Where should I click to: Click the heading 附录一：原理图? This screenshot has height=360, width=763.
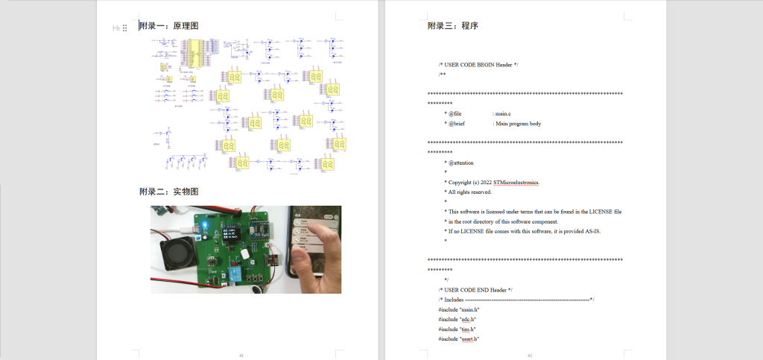[168, 26]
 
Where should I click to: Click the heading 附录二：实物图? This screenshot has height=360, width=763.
[168, 192]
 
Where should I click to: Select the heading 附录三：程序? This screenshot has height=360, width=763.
[452, 26]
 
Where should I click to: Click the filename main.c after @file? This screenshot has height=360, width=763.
[504, 113]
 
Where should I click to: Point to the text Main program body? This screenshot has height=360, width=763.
[518, 124]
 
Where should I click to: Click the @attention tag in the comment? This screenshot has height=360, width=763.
[460, 162]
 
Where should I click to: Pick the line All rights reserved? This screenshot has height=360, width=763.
[469, 192]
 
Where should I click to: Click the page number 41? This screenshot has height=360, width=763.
[241, 356]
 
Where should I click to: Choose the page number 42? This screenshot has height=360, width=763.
[528, 356]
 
